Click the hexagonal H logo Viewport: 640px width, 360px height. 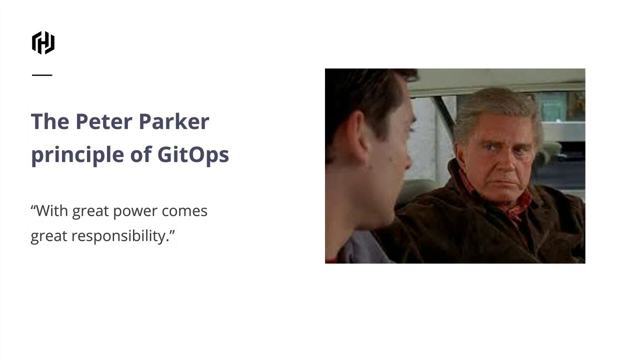(43, 42)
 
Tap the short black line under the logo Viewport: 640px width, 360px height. (42, 75)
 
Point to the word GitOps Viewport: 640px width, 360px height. (193, 154)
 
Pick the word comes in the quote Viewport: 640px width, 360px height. (184, 211)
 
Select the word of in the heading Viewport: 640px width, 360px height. (140, 154)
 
